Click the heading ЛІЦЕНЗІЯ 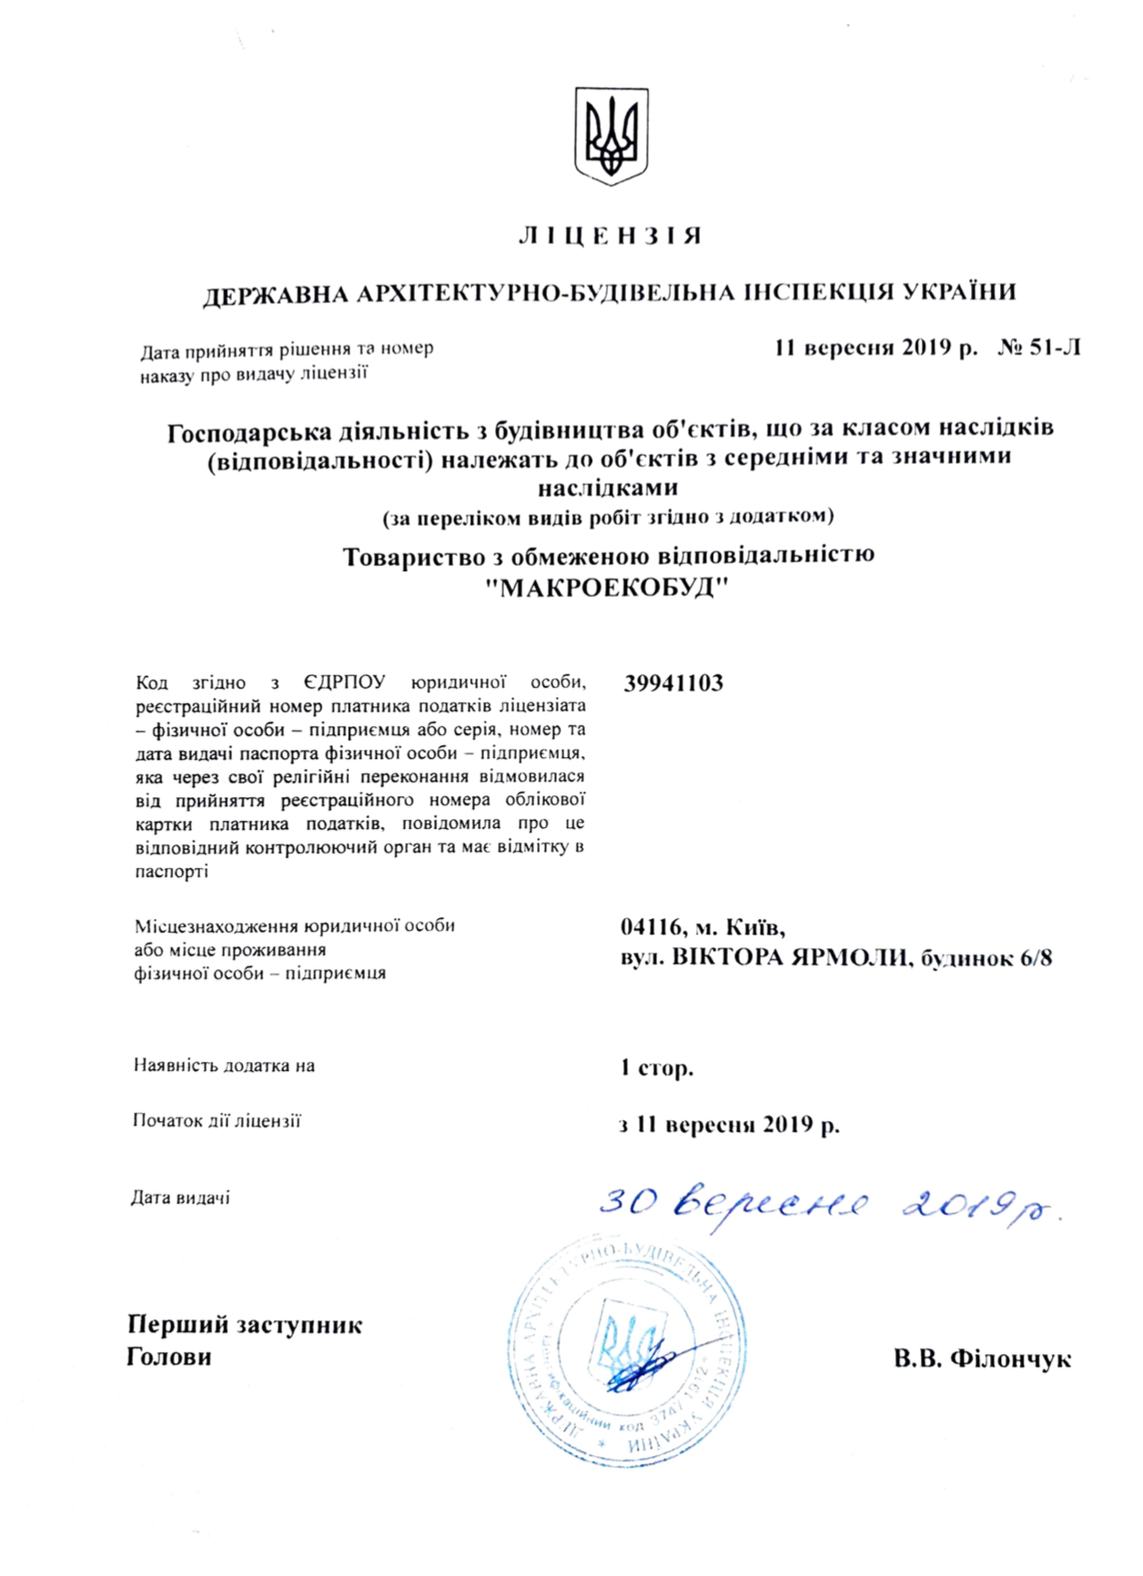(x=610, y=237)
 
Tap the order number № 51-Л (x=1039, y=348)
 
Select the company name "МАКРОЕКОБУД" (x=609, y=589)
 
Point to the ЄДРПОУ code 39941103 (x=673, y=683)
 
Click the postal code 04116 (x=651, y=927)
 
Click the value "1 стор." (x=656, y=1067)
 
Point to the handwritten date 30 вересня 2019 (x=828, y=1206)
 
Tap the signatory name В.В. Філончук (x=982, y=1359)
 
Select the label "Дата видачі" (x=180, y=1198)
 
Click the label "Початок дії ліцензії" (x=217, y=1121)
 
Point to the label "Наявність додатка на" (x=224, y=1066)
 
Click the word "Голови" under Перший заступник (x=168, y=1357)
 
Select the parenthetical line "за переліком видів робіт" (x=608, y=517)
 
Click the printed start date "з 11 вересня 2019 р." (x=729, y=1125)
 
